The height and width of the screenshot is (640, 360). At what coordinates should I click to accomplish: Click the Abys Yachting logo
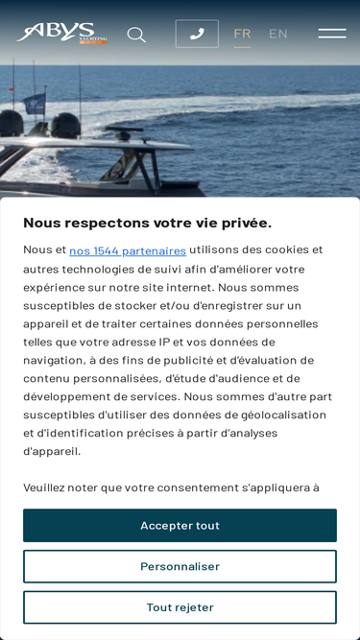tap(60, 34)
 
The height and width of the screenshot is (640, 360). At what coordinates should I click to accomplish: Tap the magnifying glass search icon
tap(136, 35)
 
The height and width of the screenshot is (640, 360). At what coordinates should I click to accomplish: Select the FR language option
tap(242, 34)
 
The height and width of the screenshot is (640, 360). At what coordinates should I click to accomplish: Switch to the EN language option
tap(278, 34)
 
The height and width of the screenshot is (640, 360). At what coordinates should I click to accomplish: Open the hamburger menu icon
tap(332, 34)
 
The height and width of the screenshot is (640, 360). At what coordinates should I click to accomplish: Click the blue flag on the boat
tap(35, 102)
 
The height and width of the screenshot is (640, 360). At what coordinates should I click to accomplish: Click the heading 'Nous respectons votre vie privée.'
tap(147, 223)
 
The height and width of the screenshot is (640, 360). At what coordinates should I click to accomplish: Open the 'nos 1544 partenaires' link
tap(128, 250)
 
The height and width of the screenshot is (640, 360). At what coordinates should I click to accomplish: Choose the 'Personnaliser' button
tap(180, 566)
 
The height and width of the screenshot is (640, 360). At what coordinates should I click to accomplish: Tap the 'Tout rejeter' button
tap(180, 607)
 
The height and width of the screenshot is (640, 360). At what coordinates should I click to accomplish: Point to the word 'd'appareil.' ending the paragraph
tap(52, 451)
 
